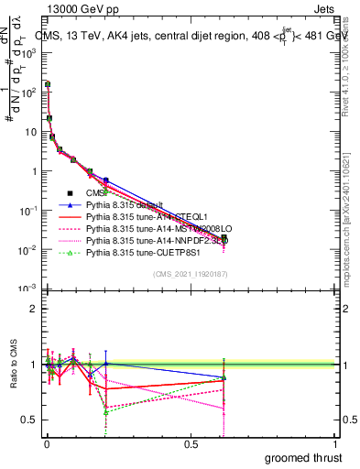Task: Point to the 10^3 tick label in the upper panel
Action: pos(27,53)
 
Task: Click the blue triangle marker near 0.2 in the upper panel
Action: pos(106,180)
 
